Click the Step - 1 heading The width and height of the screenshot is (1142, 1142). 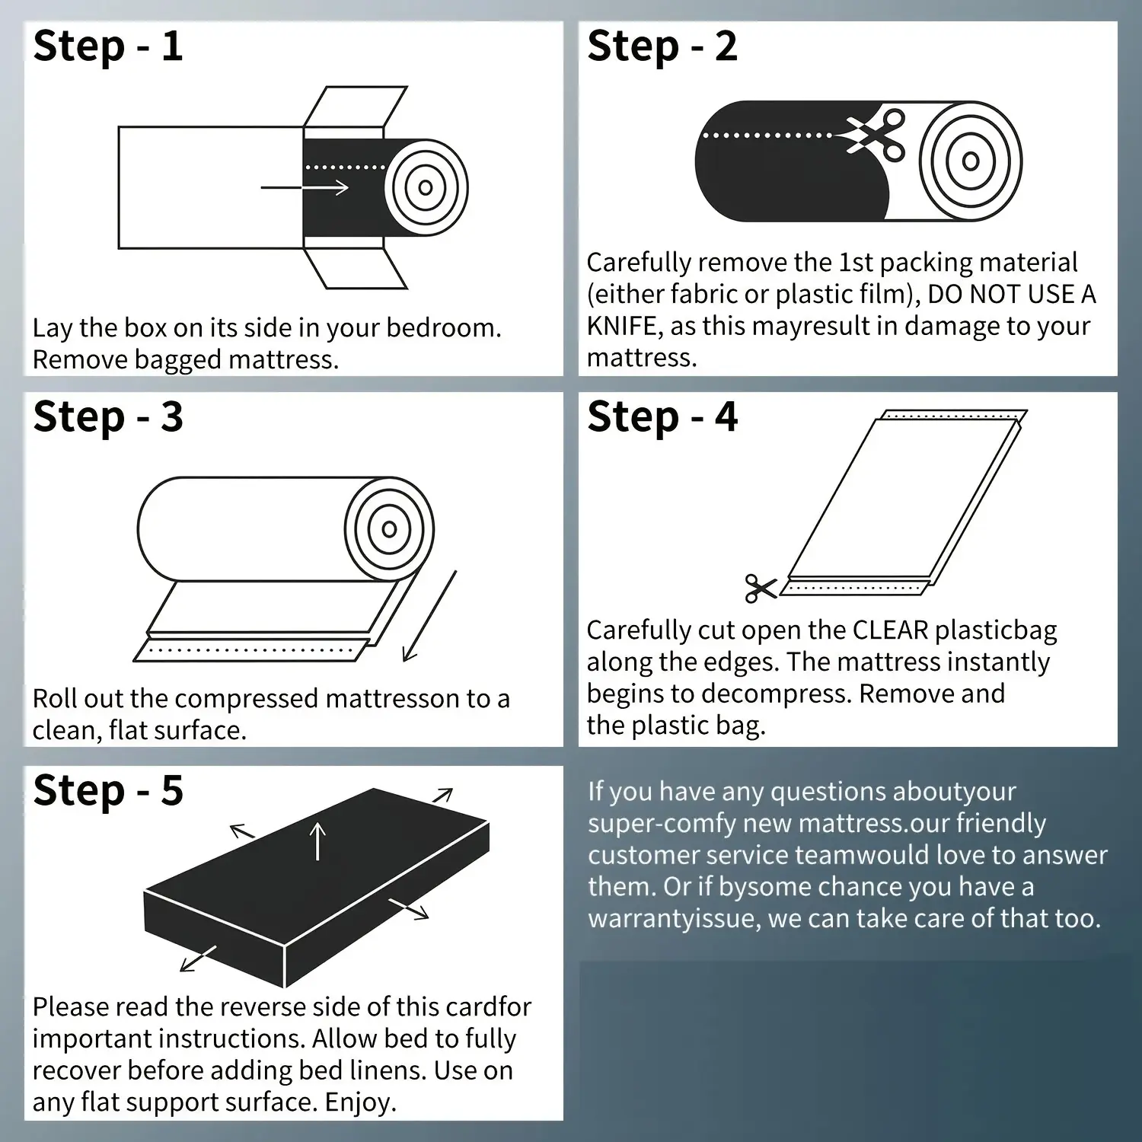108,46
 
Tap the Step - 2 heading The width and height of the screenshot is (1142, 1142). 662,46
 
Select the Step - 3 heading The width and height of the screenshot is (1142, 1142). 108,417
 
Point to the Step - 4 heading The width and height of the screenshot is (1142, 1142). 662,417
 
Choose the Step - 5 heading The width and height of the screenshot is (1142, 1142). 108,790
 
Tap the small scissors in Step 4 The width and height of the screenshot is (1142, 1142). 761,588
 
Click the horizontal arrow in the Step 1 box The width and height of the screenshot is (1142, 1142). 305,187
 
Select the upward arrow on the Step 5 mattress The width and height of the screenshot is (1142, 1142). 317,841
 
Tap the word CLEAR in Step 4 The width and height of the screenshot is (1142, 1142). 891,630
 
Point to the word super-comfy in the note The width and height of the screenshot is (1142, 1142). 662,824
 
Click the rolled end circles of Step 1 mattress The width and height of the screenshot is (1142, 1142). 426,187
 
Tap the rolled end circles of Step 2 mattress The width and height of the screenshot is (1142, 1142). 970,161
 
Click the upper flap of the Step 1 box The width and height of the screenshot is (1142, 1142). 356,106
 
